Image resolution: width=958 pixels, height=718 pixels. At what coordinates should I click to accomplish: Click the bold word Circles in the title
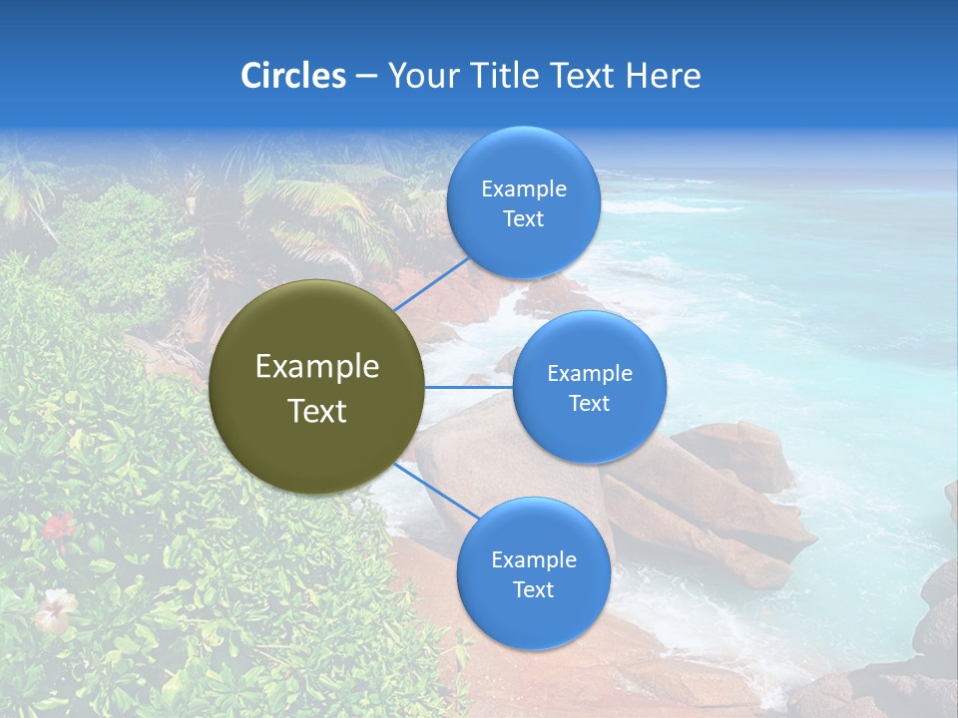coord(293,76)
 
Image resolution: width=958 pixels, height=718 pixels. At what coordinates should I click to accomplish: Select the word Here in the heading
coord(664,76)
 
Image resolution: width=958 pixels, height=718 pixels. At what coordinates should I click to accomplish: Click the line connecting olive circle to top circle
coord(431,284)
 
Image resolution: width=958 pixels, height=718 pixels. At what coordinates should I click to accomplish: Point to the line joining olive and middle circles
coord(469,387)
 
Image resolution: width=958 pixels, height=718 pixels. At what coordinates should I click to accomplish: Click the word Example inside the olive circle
coord(317,367)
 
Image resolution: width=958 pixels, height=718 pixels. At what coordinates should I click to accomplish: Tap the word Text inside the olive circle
coord(317,411)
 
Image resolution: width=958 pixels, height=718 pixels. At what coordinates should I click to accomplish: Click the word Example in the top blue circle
coord(524,188)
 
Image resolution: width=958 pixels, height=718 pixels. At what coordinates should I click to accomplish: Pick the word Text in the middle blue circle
coord(589,403)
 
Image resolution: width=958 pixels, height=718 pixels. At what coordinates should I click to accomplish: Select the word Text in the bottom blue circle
coord(533,589)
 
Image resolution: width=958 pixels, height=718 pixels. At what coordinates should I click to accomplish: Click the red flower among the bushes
coord(59,526)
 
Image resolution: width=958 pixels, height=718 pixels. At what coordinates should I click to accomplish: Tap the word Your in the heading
coord(420,76)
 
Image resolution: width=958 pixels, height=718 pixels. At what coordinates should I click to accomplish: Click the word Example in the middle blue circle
coord(590,373)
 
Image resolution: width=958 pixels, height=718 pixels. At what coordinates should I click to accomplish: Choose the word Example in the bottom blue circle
coord(534,559)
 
